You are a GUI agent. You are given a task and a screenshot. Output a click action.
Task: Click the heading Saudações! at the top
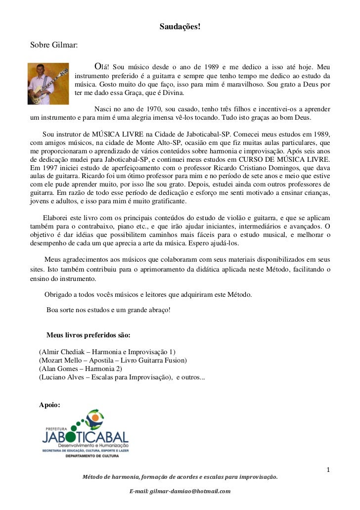tap(180, 26)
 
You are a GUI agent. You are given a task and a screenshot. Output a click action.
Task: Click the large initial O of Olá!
tap(97, 67)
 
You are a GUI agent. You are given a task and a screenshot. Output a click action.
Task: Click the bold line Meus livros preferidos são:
tap(88, 335)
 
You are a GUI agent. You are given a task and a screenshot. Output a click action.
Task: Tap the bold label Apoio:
tap(49, 405)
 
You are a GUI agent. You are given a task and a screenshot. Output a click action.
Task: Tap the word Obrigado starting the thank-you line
tap(60, 295)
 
